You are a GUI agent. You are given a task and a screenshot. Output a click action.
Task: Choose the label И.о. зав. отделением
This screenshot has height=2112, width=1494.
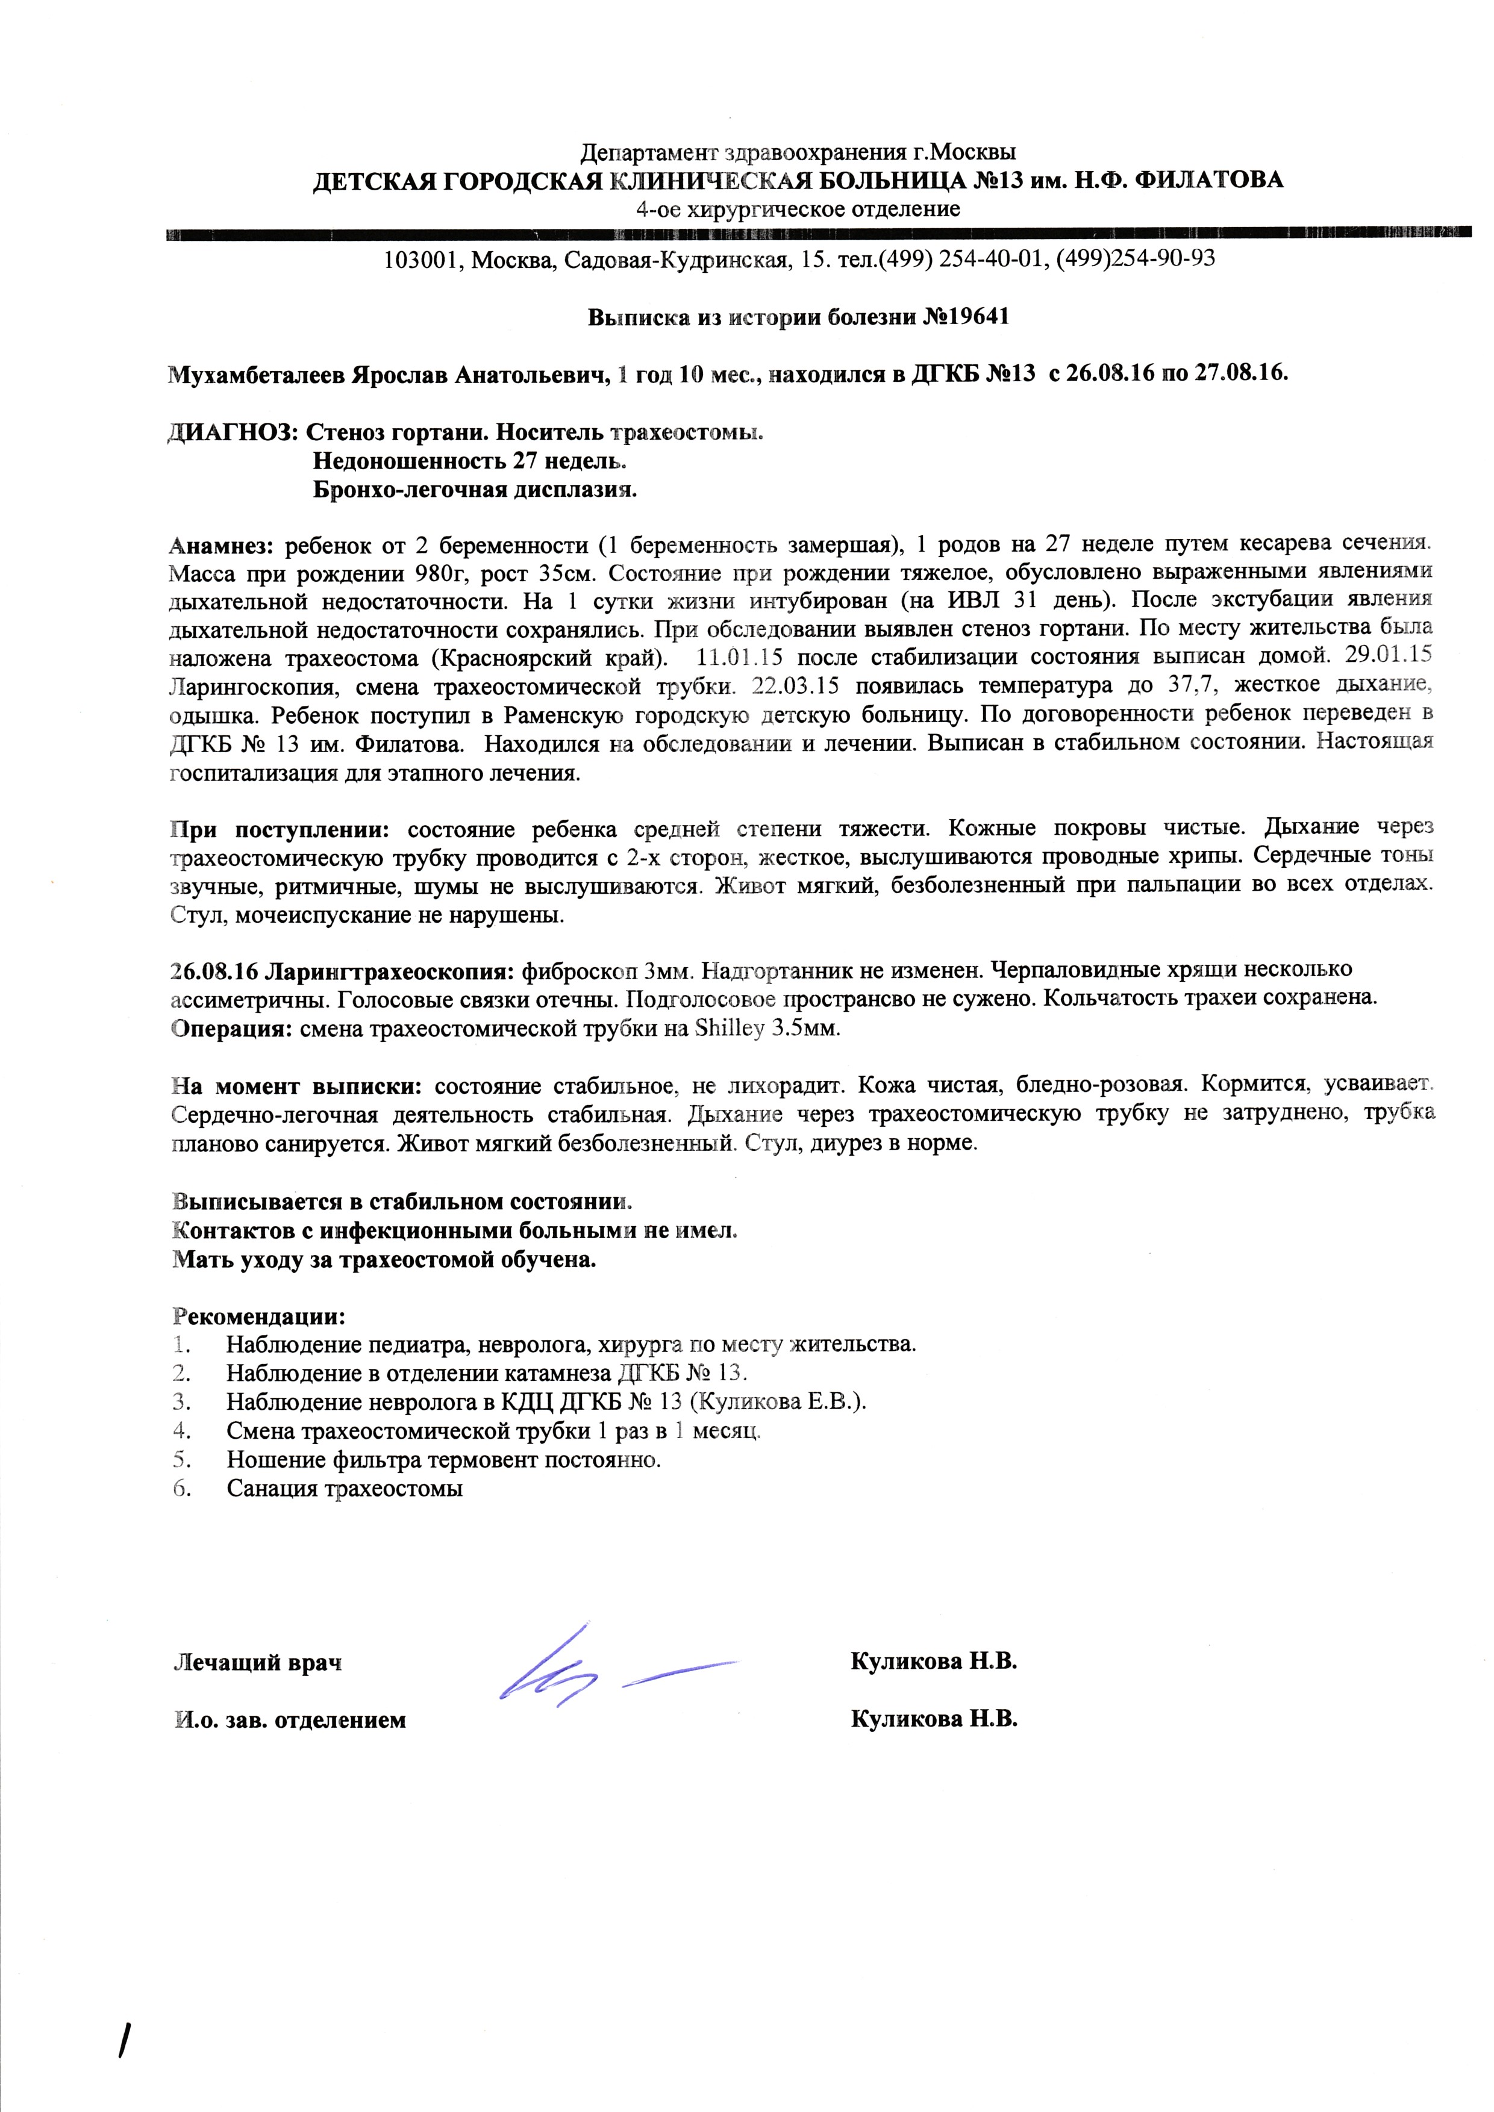pyautogui.click(x=290, y=1719)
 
